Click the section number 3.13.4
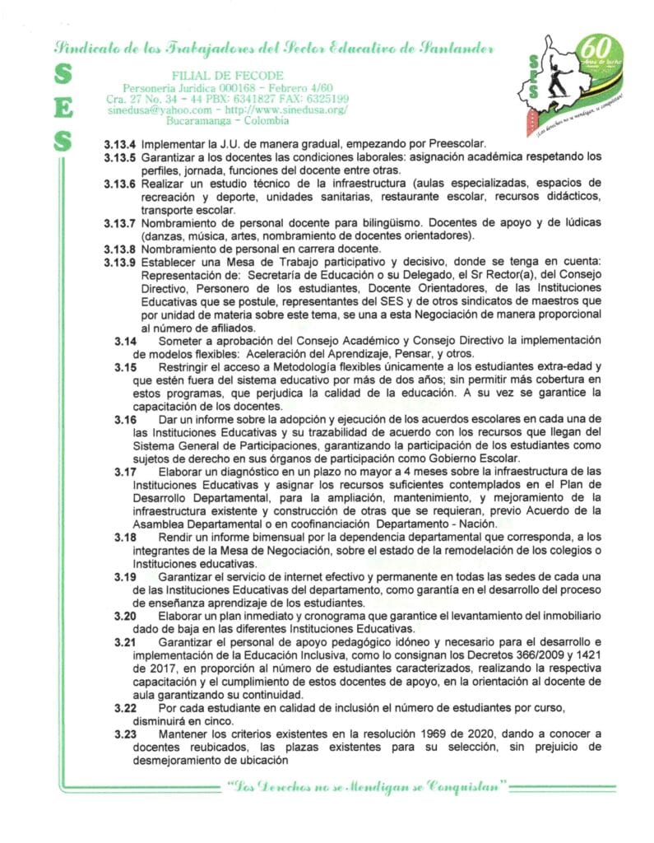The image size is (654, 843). pyautogui.click(x=120, y=142)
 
